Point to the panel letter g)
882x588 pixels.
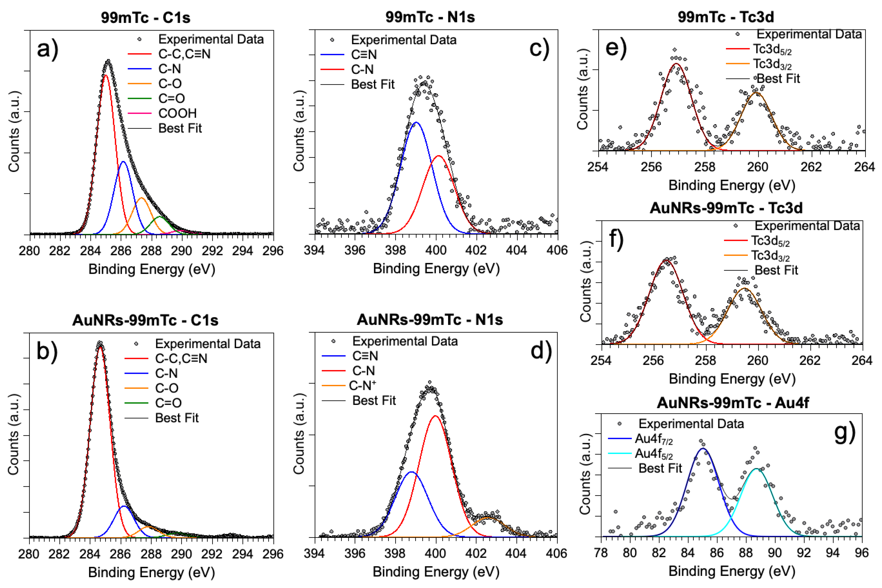845,432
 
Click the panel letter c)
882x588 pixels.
539,49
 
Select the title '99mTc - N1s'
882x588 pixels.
430,17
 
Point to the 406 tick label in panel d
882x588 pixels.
556,553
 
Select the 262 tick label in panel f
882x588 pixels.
810,360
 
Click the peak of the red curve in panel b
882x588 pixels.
100,347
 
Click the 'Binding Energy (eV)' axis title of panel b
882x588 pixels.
151,572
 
